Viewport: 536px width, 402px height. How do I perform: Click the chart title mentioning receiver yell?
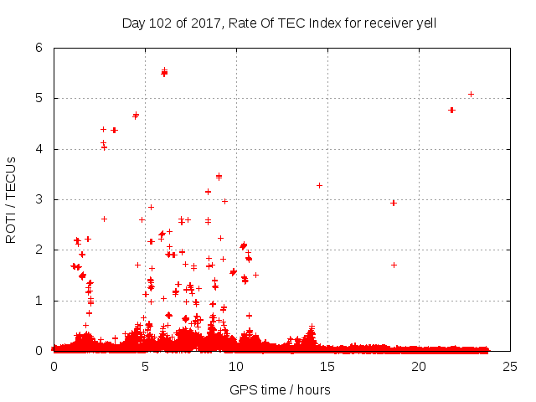click(279, 23)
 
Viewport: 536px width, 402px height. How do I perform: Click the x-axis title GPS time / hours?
click(280, 389)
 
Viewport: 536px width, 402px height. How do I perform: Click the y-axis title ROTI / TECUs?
click(11, 199)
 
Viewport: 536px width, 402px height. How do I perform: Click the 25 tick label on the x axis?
click(509, 366)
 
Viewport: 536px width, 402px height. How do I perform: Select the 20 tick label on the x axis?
click(418, 366)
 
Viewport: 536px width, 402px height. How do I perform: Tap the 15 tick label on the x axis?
click(327, 366)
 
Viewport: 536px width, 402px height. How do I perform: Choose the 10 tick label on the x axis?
click(235, 366)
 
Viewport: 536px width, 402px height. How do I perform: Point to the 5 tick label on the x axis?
click(145, 366)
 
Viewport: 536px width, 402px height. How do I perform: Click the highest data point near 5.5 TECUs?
click(164, 72)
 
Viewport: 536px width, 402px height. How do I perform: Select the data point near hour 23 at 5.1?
click(471, 94)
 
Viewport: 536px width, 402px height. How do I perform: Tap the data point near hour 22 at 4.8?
click(451, 110)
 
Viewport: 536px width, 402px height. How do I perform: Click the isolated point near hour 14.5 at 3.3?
click(319, 185)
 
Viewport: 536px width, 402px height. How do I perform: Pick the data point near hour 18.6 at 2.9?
click(393, 203)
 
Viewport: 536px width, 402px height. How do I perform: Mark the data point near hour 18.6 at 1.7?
click(394, 265)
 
